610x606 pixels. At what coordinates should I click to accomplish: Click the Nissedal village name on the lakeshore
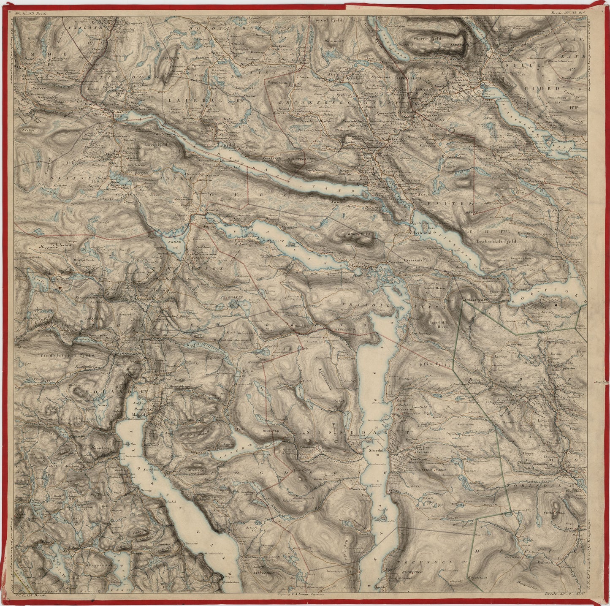click(x=374, y=450)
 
